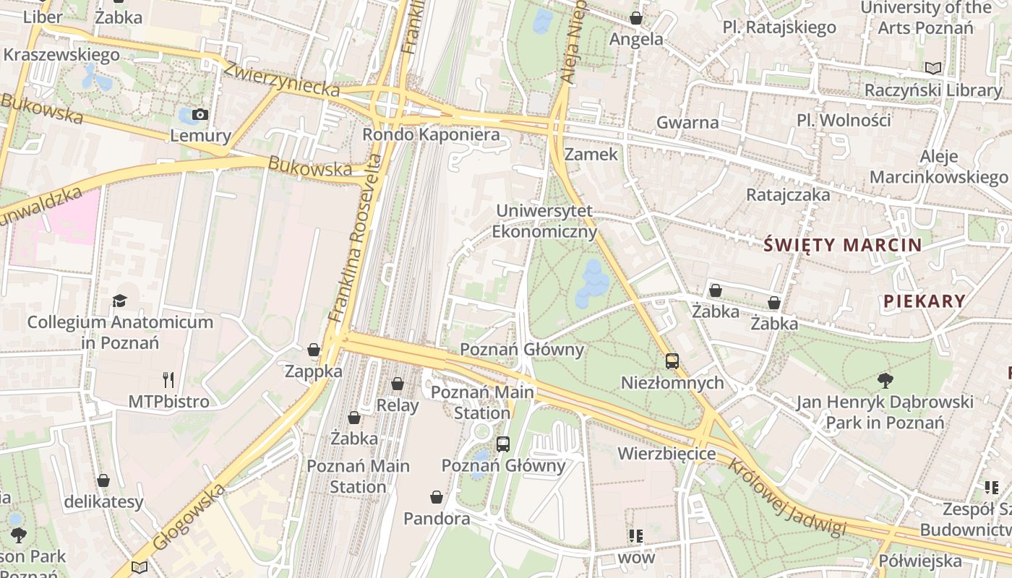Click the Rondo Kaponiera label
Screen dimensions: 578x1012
coord(431,134)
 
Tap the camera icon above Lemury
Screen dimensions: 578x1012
coord(200,115)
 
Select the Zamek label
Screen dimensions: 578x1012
coord(591,154)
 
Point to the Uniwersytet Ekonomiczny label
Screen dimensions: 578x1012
coord(544,221)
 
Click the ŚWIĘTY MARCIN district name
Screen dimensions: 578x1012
coord(843,245)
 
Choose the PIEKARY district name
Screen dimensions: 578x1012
coord(924,301)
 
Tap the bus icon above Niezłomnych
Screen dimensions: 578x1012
coord(672,361)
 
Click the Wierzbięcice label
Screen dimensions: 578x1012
coord(666,454)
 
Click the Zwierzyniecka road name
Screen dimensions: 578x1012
coord(281,79)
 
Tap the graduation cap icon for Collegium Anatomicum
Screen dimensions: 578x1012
coord(120,301)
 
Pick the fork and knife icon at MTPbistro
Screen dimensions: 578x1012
coord(168,379)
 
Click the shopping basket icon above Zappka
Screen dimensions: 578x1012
coord(314,350)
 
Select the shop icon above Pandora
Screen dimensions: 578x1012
coord(437,497)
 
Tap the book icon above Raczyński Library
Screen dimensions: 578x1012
coord(933,68)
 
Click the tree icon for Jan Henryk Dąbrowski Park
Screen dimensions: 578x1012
coord(885,380)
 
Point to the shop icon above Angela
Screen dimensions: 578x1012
coord(636,18)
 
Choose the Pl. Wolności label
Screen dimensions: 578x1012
coord(844,120)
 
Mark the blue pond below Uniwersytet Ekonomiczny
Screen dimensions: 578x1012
coord(592,283)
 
